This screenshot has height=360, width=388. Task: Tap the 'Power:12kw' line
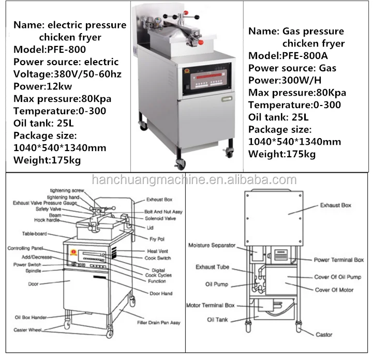43,86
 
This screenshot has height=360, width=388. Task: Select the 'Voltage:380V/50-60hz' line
67,74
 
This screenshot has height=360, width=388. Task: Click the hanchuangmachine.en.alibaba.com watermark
193,180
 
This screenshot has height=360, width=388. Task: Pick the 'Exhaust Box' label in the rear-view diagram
335,205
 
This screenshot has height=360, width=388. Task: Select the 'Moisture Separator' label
212,245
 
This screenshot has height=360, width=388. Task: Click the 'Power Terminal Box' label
338,260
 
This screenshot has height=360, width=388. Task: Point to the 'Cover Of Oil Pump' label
338,277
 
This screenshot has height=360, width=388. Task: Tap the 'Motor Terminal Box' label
210,305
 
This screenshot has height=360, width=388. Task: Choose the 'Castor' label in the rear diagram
324,335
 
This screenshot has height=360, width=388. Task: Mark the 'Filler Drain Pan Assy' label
159,323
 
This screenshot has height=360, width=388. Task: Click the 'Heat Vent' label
156,251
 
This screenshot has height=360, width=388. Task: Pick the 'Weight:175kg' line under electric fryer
47,160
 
